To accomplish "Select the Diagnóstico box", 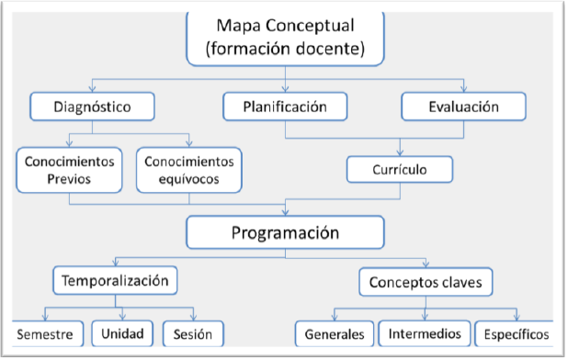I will click(92, 107).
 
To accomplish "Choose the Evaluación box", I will click(463, 107).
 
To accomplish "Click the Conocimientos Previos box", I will click(70, 170).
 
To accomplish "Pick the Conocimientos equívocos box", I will click(189, 170).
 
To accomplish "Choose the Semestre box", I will click(44, 333).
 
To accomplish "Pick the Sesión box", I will click(192, 333).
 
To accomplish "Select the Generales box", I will click(335, 333).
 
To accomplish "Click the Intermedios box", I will click(425, 333).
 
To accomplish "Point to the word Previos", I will click(70, 179).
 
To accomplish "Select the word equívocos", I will click(189, 179).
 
